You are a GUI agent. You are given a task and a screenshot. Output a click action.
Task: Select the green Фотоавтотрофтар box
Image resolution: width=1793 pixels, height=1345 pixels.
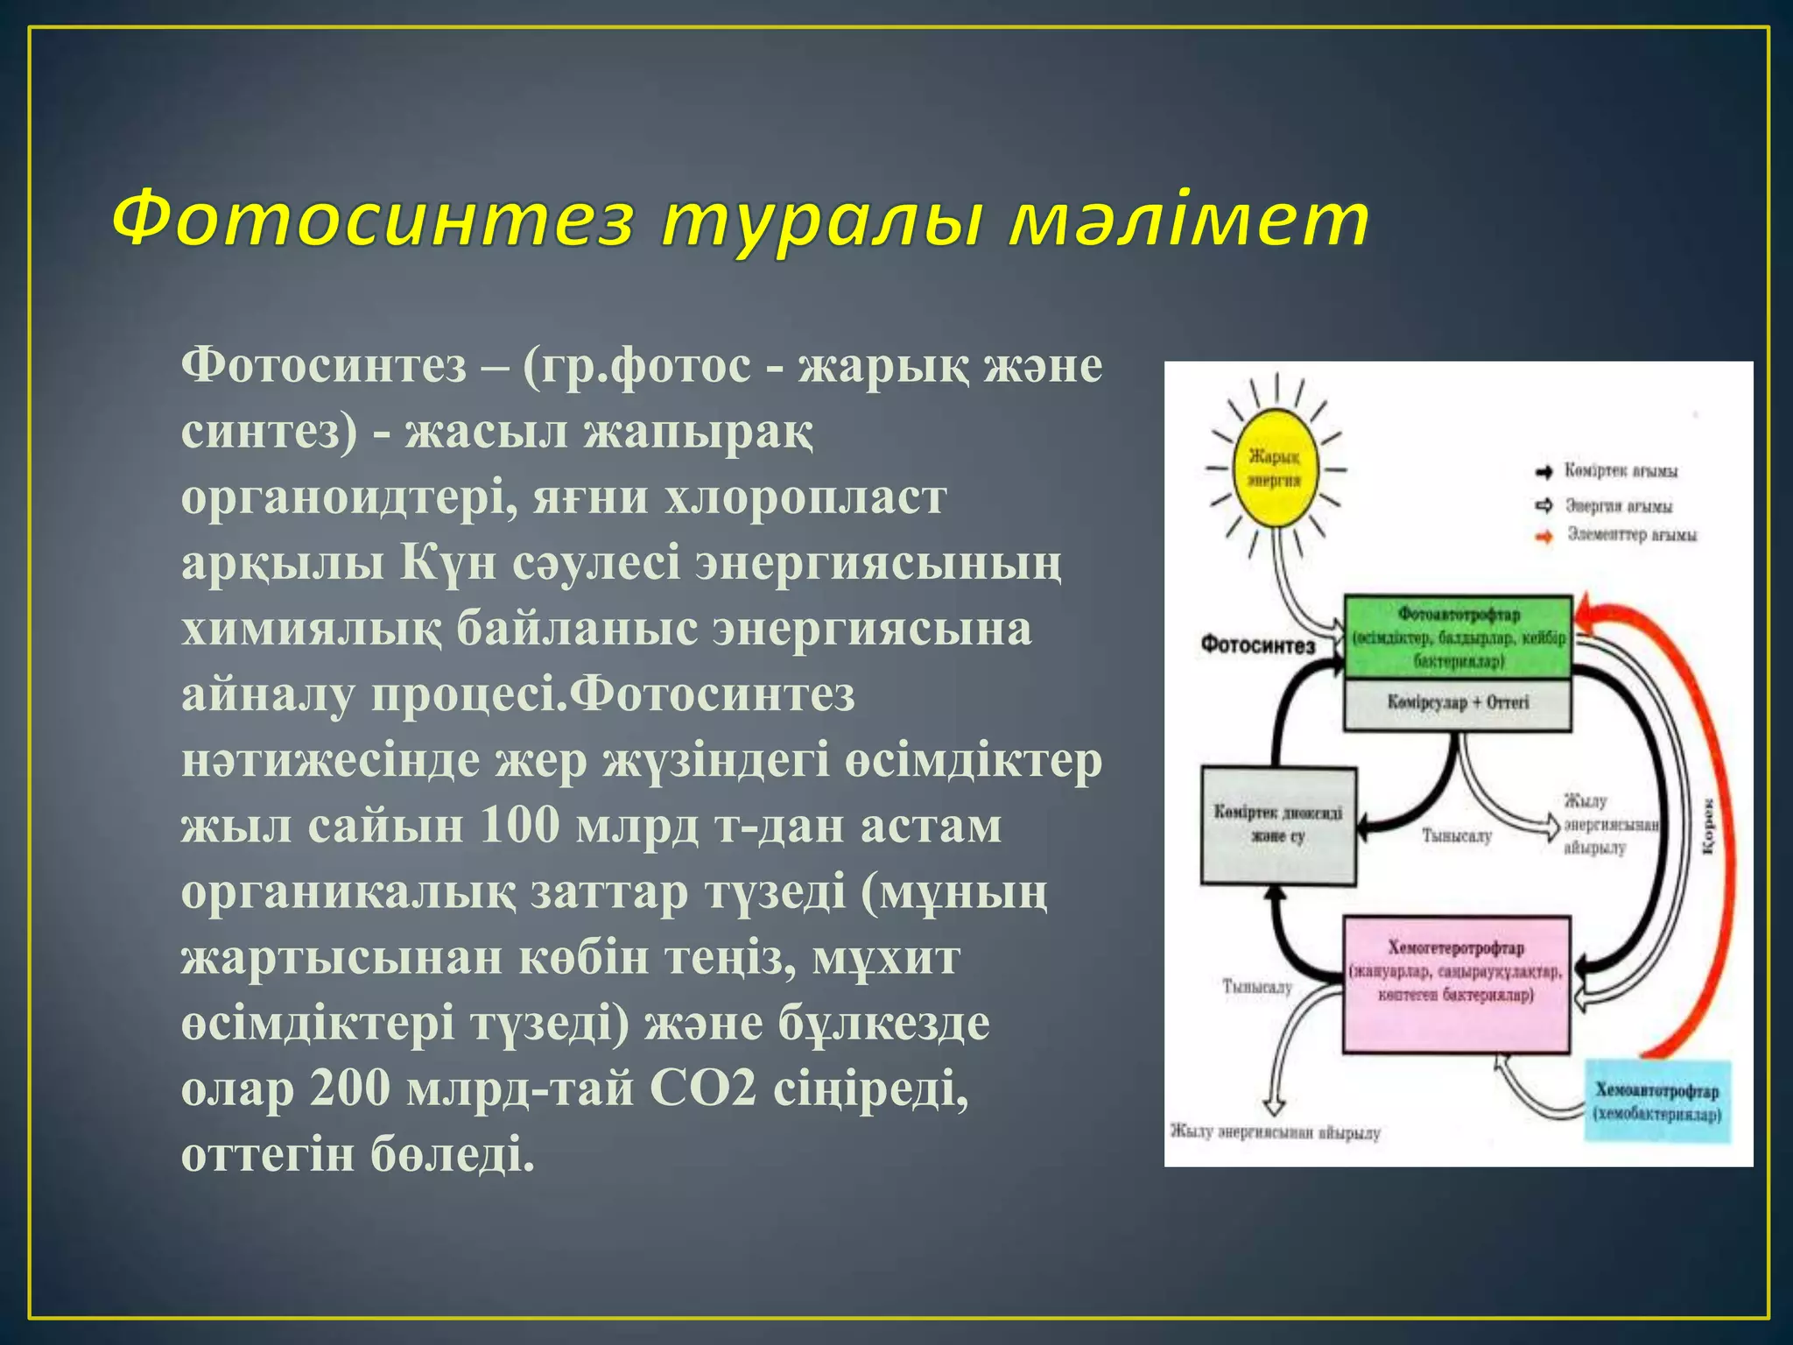[x=1458, y=637]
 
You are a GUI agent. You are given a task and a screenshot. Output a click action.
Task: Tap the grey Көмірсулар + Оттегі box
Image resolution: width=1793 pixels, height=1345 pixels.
[x=1458, y=703]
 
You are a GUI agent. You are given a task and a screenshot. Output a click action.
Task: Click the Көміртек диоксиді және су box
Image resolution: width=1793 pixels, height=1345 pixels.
[x=1277, y=825]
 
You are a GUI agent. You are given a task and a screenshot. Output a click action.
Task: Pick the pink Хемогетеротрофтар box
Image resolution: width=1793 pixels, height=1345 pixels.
[x=1456, y=983]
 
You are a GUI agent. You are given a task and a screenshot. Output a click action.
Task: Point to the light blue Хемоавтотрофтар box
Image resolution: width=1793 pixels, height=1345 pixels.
[x=1657, y=1101]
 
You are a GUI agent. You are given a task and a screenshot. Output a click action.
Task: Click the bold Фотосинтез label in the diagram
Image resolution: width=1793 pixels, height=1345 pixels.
[x=1258, y=645]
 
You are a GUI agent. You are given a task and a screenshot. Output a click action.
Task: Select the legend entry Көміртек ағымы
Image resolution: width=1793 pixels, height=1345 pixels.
[x=1620, y=472]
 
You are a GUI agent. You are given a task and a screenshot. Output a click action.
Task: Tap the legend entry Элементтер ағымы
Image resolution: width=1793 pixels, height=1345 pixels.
[x=1630, y=534]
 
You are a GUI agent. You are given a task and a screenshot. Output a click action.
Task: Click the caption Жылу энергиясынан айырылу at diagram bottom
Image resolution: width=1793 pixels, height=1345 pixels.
[x=1275, y=1133]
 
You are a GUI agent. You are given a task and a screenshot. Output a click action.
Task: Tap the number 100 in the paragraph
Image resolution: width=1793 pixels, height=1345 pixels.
[x=519, y=825]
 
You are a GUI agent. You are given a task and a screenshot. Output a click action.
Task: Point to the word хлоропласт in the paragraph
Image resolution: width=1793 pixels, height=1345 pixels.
[x=805, y=496]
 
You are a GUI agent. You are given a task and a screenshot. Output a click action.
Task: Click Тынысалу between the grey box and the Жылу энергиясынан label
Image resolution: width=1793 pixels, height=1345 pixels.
[x=1456, y=836]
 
